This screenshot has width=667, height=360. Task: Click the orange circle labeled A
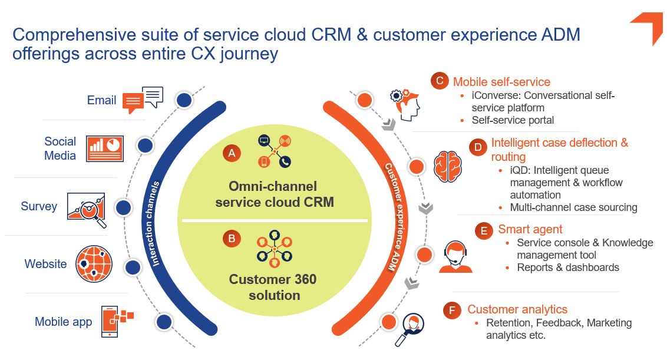point(232,153)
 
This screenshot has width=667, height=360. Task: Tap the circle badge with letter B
point(232,238)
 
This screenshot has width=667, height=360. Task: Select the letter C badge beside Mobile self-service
point(440,81)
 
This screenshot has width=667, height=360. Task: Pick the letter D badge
point(478,147)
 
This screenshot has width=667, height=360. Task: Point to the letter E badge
point(484,230)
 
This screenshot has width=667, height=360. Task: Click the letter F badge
point(452,311)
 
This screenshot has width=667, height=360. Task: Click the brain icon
point(447,166)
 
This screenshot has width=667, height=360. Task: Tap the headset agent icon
point(455,257)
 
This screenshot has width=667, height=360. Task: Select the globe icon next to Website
point(94,264)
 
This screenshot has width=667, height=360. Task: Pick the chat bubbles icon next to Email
point(143,100)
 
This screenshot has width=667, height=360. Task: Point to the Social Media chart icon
point(105,148)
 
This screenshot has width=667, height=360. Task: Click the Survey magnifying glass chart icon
point(87,210)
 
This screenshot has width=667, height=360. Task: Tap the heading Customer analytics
point(517,309)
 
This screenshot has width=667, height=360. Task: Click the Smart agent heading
point(530,229)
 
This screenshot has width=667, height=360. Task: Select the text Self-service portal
point(513,120)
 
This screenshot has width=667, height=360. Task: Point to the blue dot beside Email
point(184,100)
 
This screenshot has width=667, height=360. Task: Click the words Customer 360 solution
point(273,288)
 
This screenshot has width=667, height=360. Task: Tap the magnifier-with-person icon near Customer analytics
point(410,329)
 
